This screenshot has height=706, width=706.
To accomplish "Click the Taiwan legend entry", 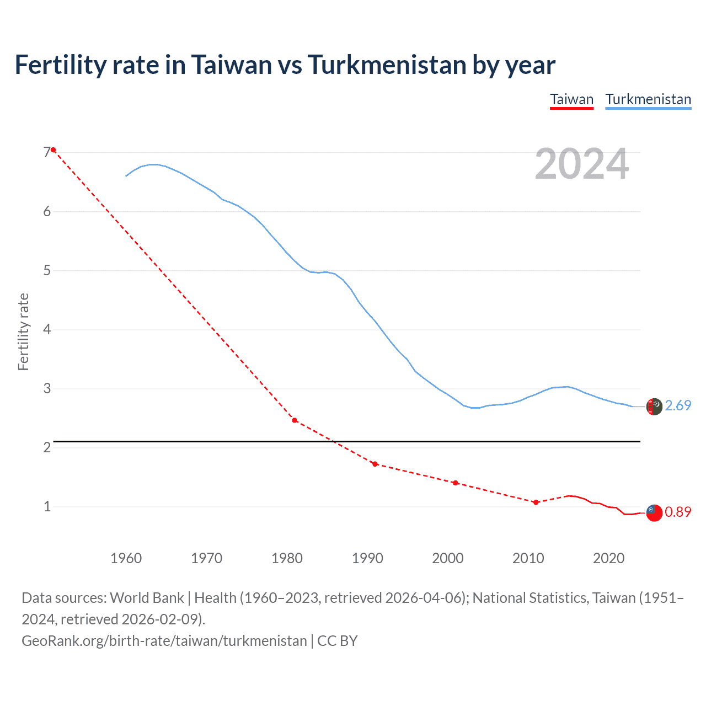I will coord(571,100).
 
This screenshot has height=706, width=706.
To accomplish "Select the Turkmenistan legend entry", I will coord(648,100).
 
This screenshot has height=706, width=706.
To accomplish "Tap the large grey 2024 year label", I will coord(581,164).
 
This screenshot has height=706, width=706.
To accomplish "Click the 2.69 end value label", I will coord(678,406).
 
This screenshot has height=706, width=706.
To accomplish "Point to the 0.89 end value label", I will coord(678,512).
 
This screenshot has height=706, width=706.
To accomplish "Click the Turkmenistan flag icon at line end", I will coord(654,407).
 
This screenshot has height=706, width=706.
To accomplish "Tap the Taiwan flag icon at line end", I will coord(654,512).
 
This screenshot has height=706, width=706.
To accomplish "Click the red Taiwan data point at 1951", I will coord(54,150).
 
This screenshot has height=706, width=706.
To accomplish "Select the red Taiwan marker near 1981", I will coord(295,420).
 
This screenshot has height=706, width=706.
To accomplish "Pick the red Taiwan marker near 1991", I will coord(375,464).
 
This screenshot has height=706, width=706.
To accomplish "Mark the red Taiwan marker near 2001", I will coord(456,483).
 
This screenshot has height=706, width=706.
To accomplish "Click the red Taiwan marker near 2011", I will coord(536,502).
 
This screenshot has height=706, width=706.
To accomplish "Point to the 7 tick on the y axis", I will coord(47,153).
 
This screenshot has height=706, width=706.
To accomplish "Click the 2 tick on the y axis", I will coord(47,447).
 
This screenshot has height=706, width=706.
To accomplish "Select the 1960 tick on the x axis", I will coord(126,558).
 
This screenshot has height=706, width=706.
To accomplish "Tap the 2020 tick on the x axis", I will coord(608,558).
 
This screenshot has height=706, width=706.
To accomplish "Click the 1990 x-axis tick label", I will coord(367,558).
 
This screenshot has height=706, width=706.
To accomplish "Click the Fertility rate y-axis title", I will coord(23,332).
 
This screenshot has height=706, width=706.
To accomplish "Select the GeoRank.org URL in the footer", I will coord(164,641).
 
